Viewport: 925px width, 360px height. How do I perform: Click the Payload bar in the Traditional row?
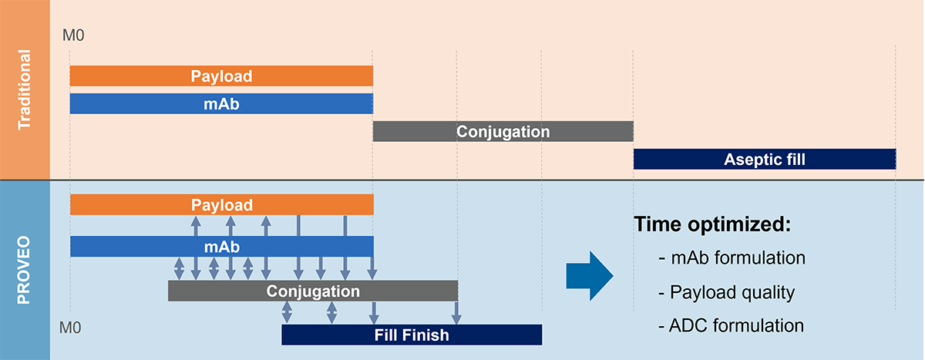(221, 76)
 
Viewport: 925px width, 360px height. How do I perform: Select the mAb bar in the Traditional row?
(221, 103)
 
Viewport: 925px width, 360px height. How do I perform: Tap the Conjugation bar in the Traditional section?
(503, 131)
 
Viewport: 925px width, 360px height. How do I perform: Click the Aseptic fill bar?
(764, 160)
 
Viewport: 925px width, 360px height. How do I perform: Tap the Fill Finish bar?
(412, 335)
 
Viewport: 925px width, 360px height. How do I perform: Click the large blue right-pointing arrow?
(589, 275)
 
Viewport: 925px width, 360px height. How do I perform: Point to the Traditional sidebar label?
(25, 89)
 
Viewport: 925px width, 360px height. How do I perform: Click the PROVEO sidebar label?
(25, 270)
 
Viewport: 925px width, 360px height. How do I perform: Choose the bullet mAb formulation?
(732, 258)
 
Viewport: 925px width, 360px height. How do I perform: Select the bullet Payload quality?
(727, 292)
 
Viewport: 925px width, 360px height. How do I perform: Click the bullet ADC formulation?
(732, 325)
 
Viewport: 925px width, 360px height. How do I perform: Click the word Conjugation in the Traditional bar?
(503, 131)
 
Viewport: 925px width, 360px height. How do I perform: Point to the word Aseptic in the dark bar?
(748, 160)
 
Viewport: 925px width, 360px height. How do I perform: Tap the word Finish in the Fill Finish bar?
(427, 335)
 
